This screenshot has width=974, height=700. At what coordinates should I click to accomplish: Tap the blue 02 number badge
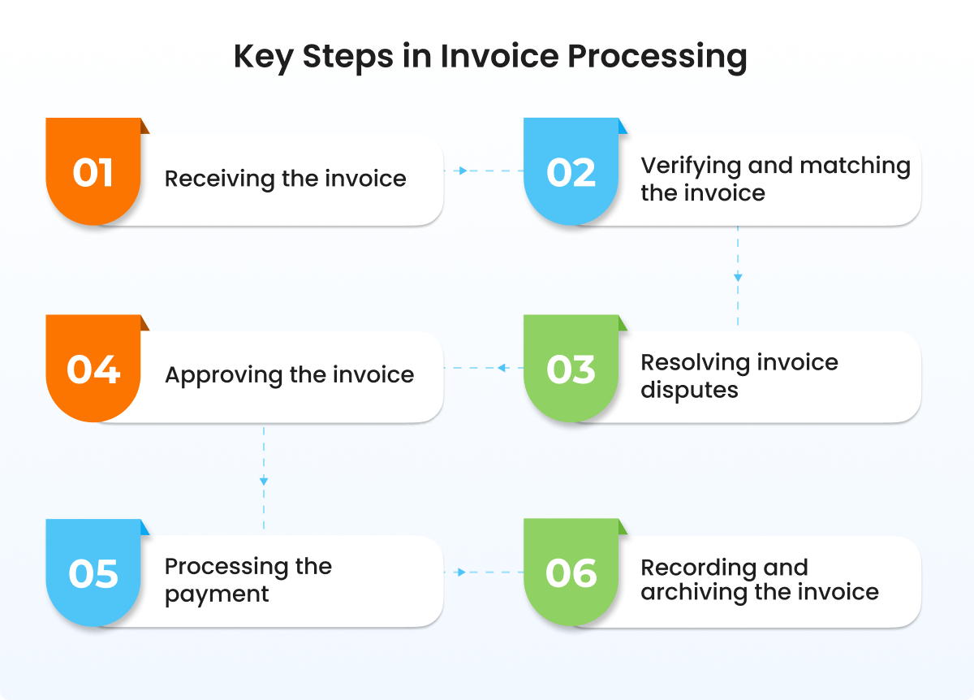(x=571, y=172)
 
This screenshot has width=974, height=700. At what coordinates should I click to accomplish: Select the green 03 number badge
(x=571, y=369)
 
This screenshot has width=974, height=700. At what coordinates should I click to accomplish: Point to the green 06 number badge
(x=571, y=573)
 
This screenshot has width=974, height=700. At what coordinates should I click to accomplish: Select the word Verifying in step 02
(x=691, y=166)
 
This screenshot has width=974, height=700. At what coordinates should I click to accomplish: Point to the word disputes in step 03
(x=689, y=390)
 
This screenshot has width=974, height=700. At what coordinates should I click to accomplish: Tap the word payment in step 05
(x=217, y=594)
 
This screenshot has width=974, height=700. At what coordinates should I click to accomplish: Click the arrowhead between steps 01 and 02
(x=462, y=171)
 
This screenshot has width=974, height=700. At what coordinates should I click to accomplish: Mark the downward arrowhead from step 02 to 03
(x=738, y=277)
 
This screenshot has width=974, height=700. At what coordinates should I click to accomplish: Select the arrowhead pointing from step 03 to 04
(x=502, y=369)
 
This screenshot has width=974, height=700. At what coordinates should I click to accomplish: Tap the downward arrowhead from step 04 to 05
(x=264, y=481)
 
